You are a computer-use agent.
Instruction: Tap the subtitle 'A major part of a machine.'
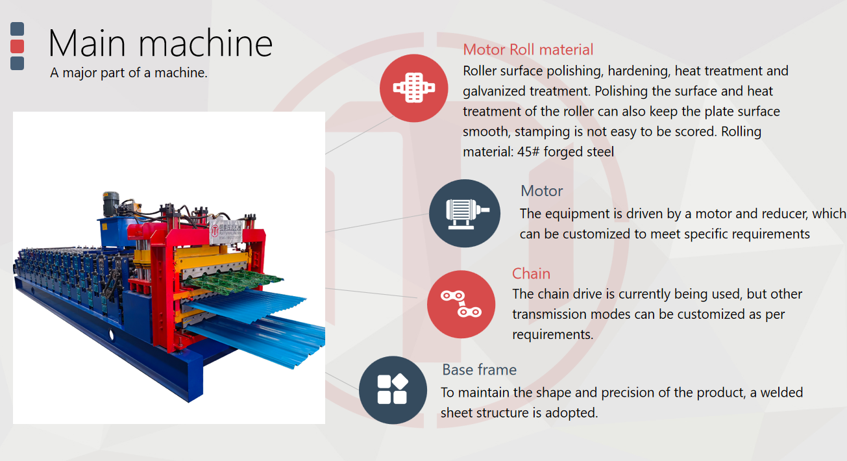pos(129,73)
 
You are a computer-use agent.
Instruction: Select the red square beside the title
pos(17,46)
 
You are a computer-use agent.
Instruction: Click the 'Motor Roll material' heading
pos(528,49)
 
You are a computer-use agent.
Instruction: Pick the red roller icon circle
pos(413,88)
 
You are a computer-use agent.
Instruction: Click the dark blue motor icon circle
pos(464,213)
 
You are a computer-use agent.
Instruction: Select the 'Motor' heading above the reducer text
pos(541,191)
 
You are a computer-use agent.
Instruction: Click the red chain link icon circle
pos(461,304)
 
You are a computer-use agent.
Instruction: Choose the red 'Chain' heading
pos(531,273)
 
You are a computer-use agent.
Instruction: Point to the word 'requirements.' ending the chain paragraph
pos(552,334)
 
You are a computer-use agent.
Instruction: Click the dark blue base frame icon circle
pos(393,390)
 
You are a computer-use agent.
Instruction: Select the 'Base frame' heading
pos(479,369)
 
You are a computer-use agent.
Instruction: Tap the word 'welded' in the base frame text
pos(781,392)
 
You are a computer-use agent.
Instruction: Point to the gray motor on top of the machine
pos(111,203)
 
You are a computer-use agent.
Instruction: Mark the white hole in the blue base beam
pos(111,334)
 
